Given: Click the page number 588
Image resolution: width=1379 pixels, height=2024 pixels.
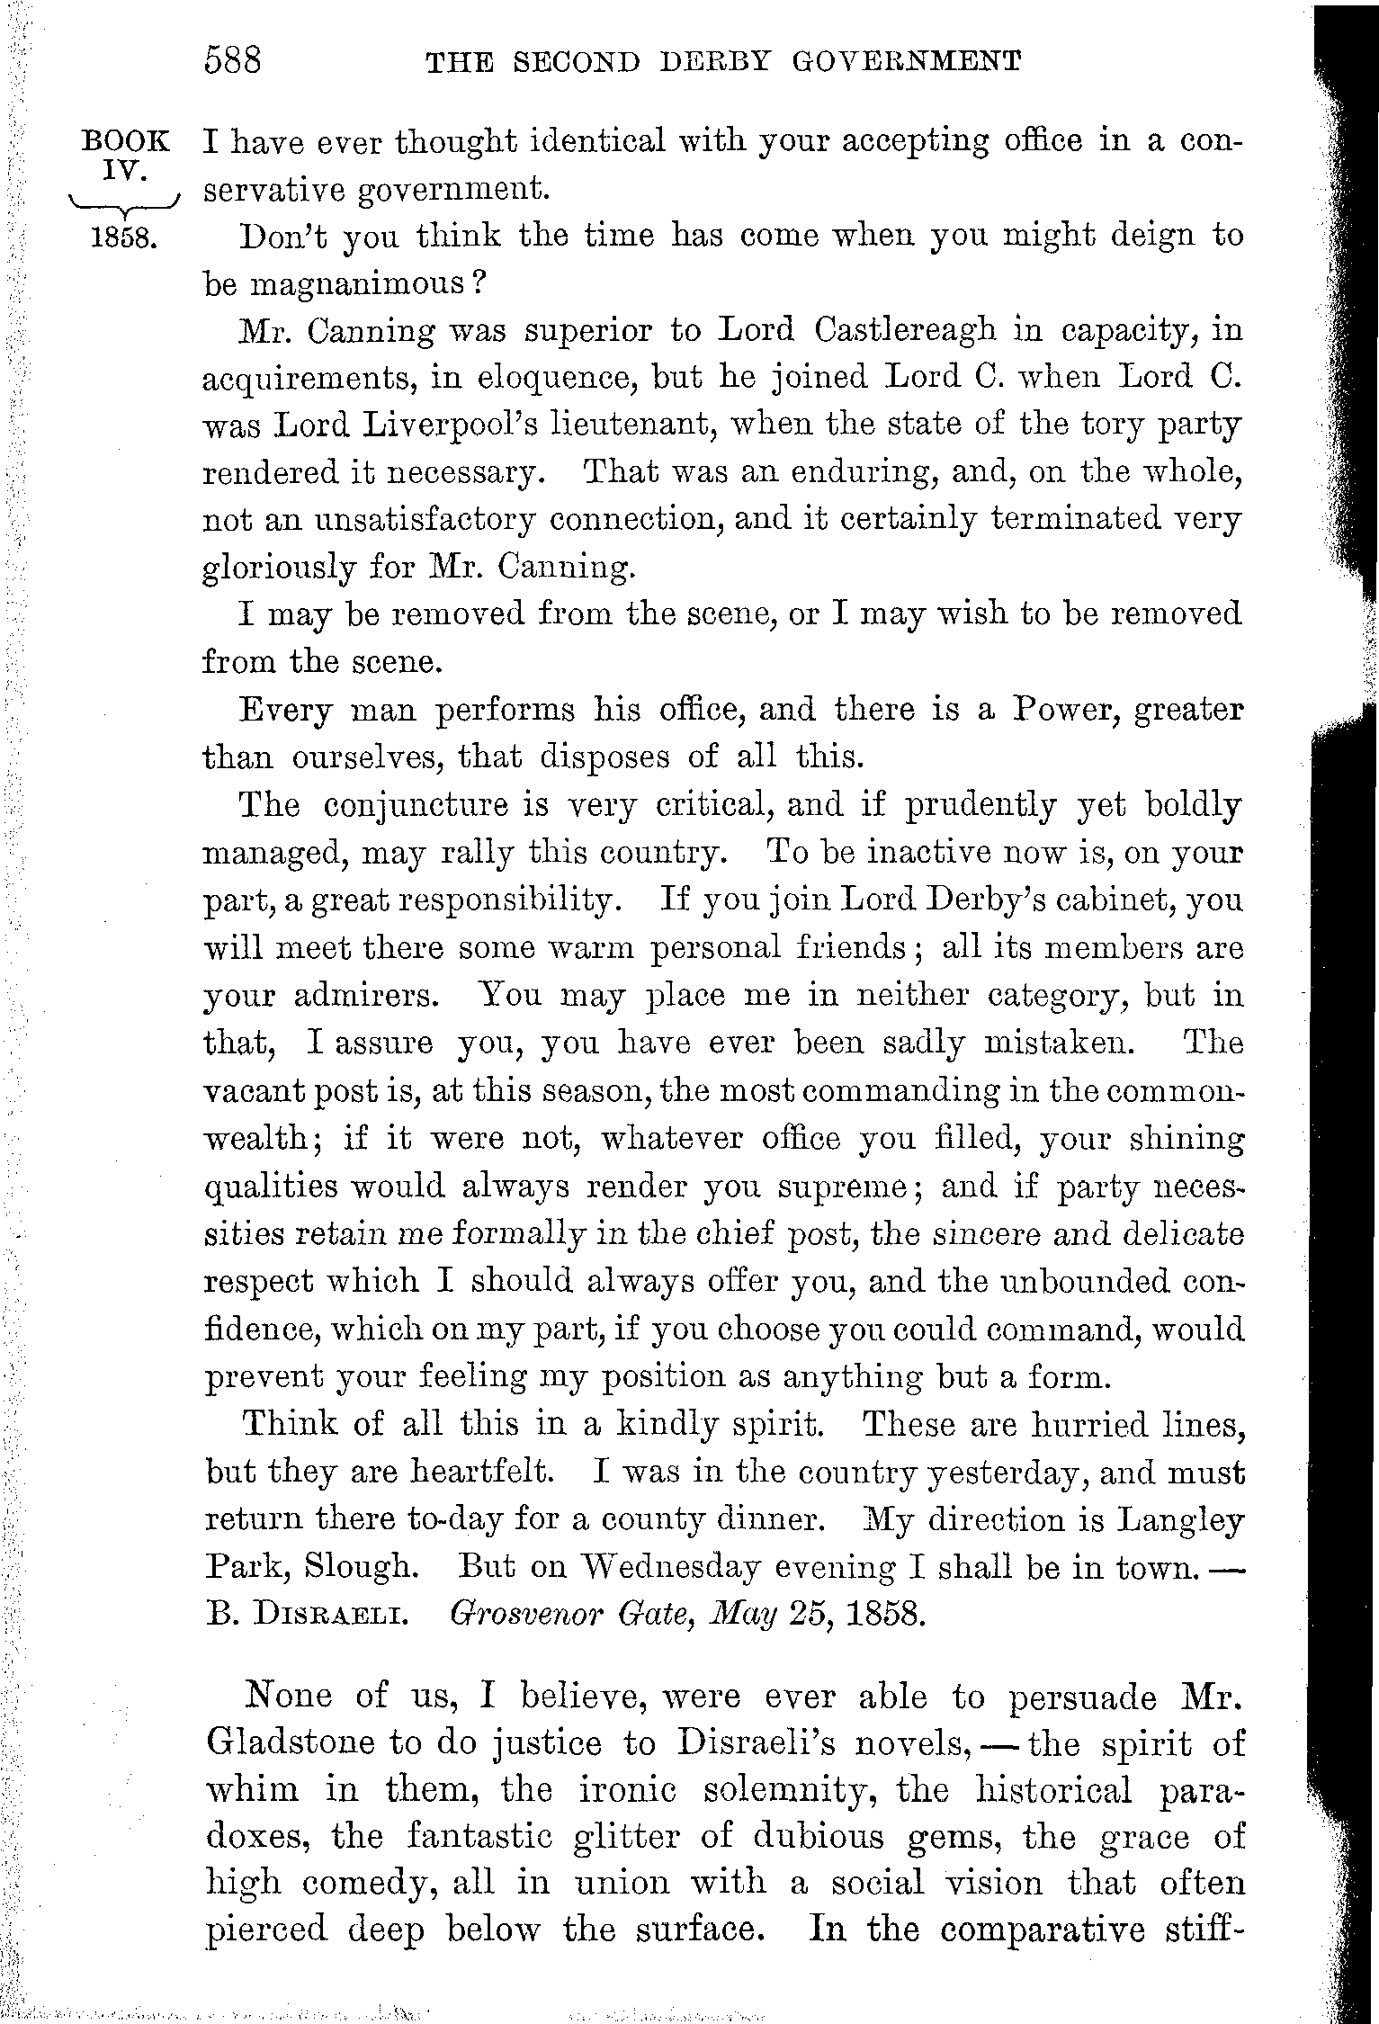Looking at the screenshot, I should (x=233, y=60).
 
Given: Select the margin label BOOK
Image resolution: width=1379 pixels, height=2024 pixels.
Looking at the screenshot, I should (x=125, y=141).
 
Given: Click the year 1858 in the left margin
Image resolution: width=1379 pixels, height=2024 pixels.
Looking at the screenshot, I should (x=125, y=238).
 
